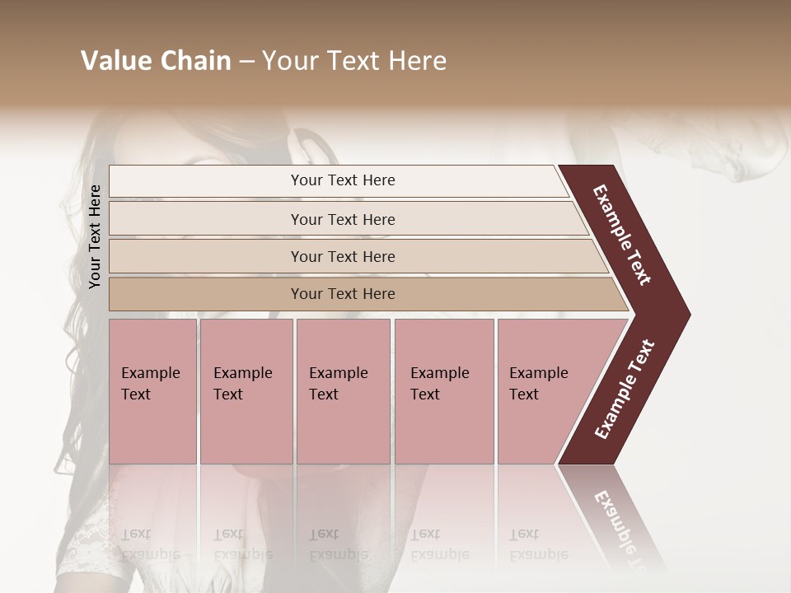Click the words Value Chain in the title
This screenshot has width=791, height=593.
(156, 61)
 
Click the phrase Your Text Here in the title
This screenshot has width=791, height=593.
(354, 61)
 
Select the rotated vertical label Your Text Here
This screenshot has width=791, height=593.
(95, 236)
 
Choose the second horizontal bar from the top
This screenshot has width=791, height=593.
(343, 219)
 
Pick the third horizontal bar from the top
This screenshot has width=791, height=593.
(343, 256)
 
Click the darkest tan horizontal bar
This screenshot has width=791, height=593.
(343, 294)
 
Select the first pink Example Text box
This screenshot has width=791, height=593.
(152, 391)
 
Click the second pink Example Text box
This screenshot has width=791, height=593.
(246, 391)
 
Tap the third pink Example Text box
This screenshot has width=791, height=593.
(343, 391)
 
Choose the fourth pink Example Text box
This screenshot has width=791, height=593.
(444, 391)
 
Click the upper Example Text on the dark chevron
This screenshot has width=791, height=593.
(622, 235)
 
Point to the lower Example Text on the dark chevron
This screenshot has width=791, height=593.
(625, 390)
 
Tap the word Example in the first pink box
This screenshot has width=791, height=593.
(151, 373)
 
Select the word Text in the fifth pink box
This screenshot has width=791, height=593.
(524, 395)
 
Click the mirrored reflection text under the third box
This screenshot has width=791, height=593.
(338, 544)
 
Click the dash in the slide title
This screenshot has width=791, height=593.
(246, 62)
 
